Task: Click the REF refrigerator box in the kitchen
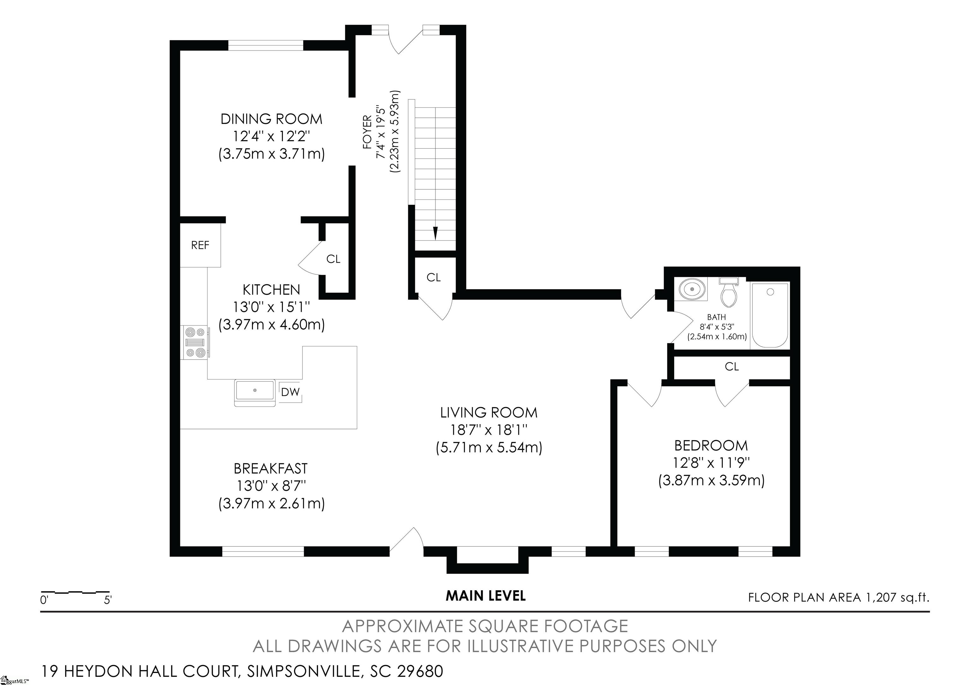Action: point(200,245)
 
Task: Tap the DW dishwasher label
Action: point(290,392)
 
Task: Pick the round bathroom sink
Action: point(692,289)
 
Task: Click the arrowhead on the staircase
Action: point(435,234)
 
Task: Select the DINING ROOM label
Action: point(271,119)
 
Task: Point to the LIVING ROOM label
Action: point(489,412)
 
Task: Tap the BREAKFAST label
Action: point(271,468)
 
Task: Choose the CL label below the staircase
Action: point(434,277)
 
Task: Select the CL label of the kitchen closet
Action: point(333,259)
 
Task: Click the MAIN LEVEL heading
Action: point(486,596)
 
